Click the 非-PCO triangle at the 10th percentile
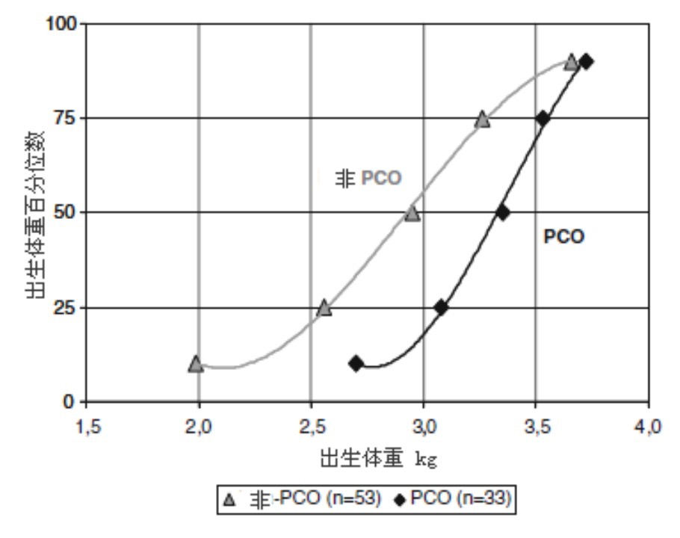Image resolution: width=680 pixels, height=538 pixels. pyautogui.click(x=196, y=364)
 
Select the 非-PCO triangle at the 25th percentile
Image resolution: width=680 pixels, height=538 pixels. pyautogui.click(x=324, y=307)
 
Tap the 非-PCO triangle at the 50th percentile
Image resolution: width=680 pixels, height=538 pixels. pyautogui.click(x=412, y=214)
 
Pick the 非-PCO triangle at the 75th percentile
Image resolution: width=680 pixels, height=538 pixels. pyautogui.click(x=483, y=120)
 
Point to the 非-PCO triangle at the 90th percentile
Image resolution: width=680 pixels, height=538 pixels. pyautogui.click(x=571, y=62)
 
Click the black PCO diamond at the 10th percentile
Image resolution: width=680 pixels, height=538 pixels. pyautogui.click(x=356, y=364)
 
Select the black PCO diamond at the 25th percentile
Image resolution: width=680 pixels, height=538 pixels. pyautogui.click(x=441, y=307)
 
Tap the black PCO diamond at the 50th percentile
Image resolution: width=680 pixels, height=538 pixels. pyautogui.click(x=503, y=212)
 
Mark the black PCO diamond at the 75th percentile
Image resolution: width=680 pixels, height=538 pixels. pyautogui.click(x=543, y=118)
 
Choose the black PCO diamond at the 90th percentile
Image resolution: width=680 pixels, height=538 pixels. pyautogui.click(x=587, y=61)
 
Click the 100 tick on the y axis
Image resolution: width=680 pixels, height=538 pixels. pyautogui.click(x=61, y=24)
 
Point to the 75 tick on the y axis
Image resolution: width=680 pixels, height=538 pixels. pyautogui.click(x=66, y=118)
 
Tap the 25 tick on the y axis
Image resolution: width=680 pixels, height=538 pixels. pyautogui.click(x=66, y=308)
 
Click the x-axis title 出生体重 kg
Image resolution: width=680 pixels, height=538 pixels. pyautogui.click(x=378, y=459)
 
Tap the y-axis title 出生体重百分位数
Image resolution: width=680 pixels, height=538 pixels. pyautogui.click(x=35, y=214)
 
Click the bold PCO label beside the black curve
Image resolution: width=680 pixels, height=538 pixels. pyautogui.click(x=563, y=237)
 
